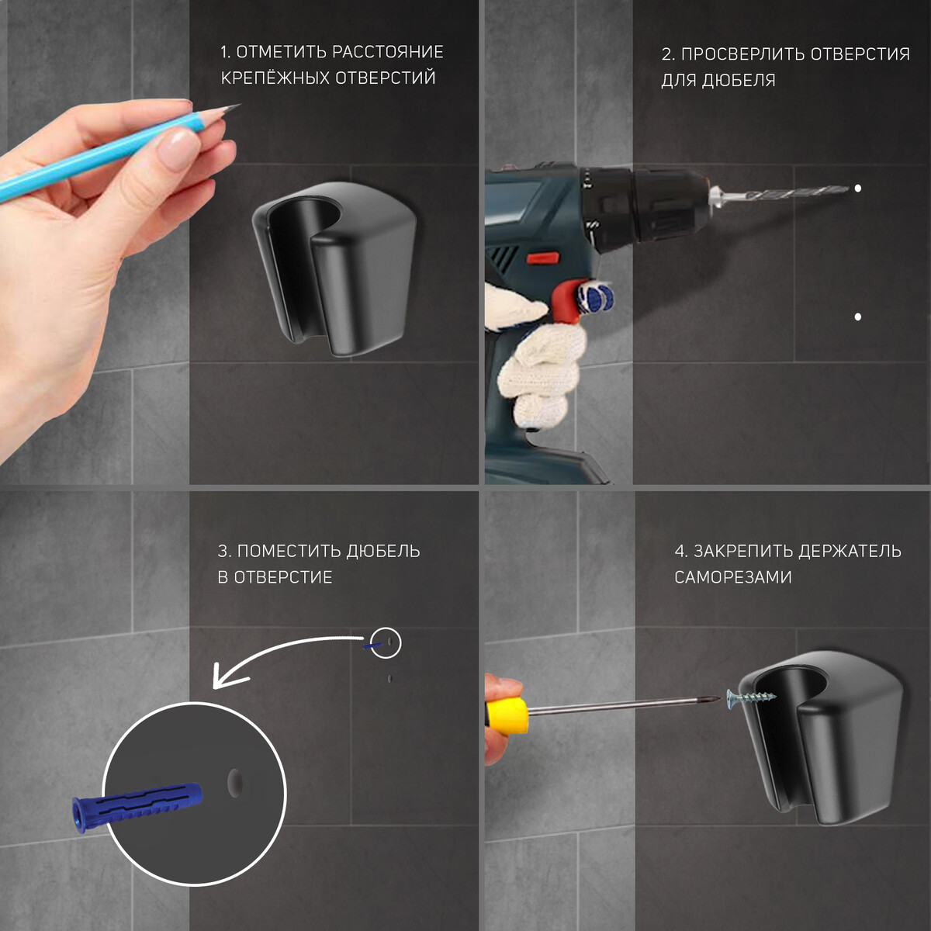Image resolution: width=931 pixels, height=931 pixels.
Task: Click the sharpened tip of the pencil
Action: [x=239, y=105]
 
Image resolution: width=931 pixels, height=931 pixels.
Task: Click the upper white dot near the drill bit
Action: [x=857, y=189]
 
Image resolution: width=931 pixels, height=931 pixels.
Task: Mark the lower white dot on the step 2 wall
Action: [x=857, y=317]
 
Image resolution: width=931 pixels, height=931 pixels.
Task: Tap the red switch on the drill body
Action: [x=542, y=258]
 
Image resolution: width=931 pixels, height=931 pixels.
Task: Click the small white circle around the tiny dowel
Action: [x=386, y=642]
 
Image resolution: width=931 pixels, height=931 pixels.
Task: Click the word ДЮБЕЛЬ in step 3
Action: [x=382, y=552]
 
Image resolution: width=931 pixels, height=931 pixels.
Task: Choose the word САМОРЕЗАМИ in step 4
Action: [x=733, y=577]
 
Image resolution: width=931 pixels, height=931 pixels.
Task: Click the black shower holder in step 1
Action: [x=334, y=269]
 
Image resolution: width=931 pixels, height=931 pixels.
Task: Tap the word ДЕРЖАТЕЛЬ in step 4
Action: [x=850, y=552]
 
